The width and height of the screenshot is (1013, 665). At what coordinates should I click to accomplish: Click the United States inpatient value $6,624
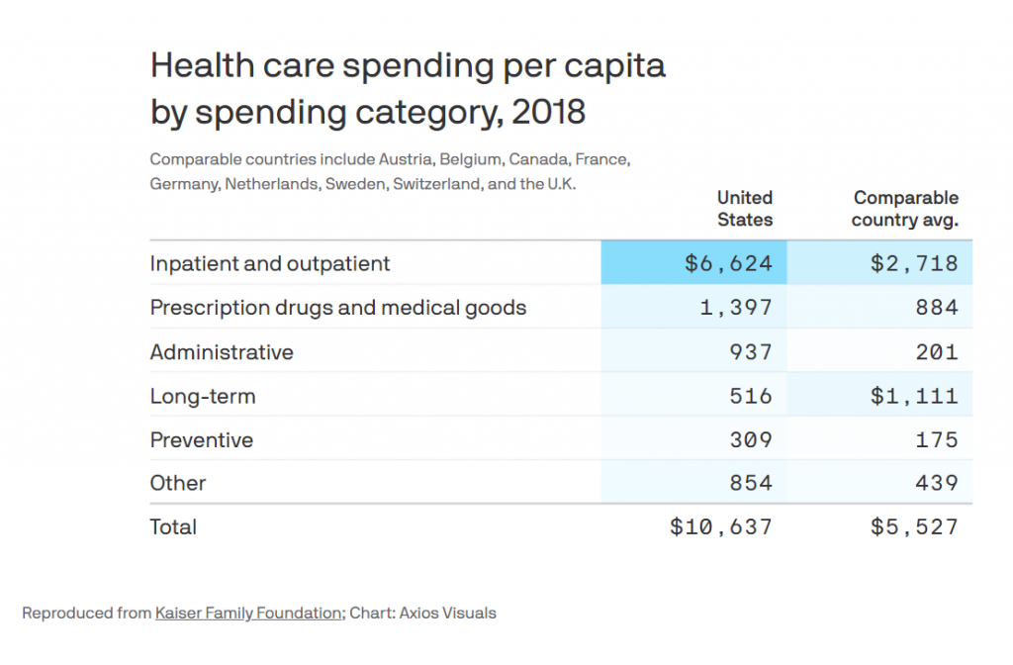[x=728, y=264]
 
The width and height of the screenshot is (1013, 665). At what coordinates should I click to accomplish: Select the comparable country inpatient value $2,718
[x=914, y=264]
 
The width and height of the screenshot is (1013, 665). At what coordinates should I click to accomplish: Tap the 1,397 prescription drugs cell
[x=735, y=308]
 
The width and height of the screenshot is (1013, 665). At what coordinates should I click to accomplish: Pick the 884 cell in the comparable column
[x=936, y=308]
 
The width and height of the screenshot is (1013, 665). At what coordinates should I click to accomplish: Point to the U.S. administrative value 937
[x=750, y=351]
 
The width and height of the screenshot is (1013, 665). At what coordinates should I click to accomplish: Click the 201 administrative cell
[x=936, y=351]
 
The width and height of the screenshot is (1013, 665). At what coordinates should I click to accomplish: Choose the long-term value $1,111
[x=914, y=396]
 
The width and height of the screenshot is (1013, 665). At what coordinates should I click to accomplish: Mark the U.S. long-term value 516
[x=750, y=396]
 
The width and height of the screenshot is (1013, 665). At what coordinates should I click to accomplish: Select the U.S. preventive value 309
[x=750, y=439]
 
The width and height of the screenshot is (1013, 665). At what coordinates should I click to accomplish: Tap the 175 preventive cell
[x=936, y=439]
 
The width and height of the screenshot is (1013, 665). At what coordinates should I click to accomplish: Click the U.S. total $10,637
[x=721, y=527]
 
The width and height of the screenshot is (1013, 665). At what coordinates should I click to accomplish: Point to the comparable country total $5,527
[x=914, y=527]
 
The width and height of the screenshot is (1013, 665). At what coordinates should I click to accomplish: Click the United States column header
[x=744, y=209]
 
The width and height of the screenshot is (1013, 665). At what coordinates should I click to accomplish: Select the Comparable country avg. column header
[x=905, y=209]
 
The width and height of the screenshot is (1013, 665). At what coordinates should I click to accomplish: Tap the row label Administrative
[x=222, y=351]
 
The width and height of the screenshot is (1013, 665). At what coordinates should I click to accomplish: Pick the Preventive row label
[x=201, y=439]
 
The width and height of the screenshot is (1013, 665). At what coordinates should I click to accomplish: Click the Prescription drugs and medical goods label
[x=337, y=308]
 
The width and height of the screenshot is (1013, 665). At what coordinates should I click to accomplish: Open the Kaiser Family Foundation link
[x=247, y=614]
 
